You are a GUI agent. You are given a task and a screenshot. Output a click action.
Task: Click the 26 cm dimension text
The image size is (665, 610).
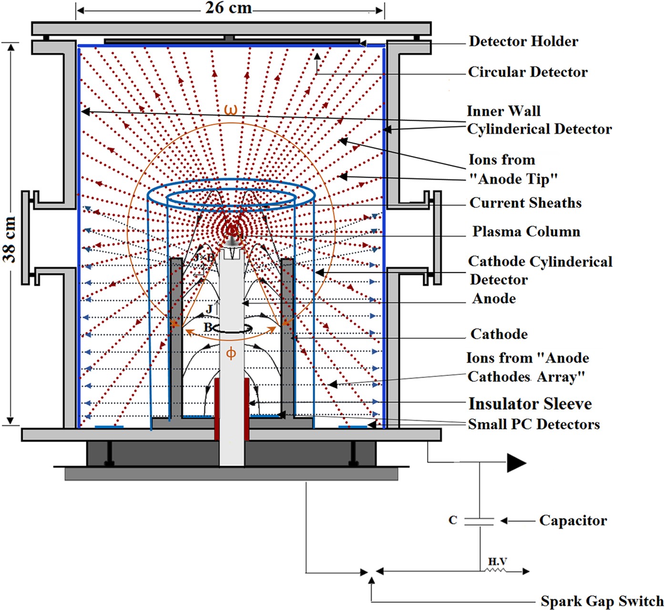tap(228, 8)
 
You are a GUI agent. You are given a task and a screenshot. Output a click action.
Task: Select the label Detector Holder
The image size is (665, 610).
tap(523, 41)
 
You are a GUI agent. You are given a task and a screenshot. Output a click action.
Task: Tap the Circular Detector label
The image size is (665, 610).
tap(527, 72)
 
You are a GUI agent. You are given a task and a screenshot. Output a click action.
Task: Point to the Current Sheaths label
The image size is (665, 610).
tap(525, 203)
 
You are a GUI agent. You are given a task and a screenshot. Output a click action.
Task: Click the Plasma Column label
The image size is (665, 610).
tap(526, 232)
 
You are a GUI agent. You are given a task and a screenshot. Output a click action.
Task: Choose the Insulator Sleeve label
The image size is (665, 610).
tap(530, 404)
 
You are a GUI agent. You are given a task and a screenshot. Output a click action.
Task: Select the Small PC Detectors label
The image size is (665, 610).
tap(533, 424)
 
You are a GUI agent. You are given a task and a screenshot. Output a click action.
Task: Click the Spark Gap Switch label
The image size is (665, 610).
tap(602, 601)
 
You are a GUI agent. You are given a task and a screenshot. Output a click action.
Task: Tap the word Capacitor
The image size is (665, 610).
tap(573, 520)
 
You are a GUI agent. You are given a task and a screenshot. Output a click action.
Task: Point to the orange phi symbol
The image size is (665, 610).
tap(231, 353)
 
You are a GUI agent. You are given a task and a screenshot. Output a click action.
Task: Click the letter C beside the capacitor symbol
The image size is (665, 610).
tap(453, 520)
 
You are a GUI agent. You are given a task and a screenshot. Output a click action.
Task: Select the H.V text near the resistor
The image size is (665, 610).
tap(497, 562)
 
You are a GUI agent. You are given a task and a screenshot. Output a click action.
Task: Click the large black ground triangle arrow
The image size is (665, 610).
tap(516, 463)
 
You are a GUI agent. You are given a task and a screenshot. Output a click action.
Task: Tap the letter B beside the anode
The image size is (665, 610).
tap(208, 328)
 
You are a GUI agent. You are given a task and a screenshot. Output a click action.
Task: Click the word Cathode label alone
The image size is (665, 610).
tap(499, 334)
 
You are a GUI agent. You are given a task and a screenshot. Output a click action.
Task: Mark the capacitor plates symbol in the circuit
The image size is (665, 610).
tap(480, 521)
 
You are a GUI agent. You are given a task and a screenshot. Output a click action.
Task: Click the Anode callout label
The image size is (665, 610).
tap(494, 299)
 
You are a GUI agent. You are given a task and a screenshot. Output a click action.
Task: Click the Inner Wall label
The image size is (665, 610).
tap(503, 111)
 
